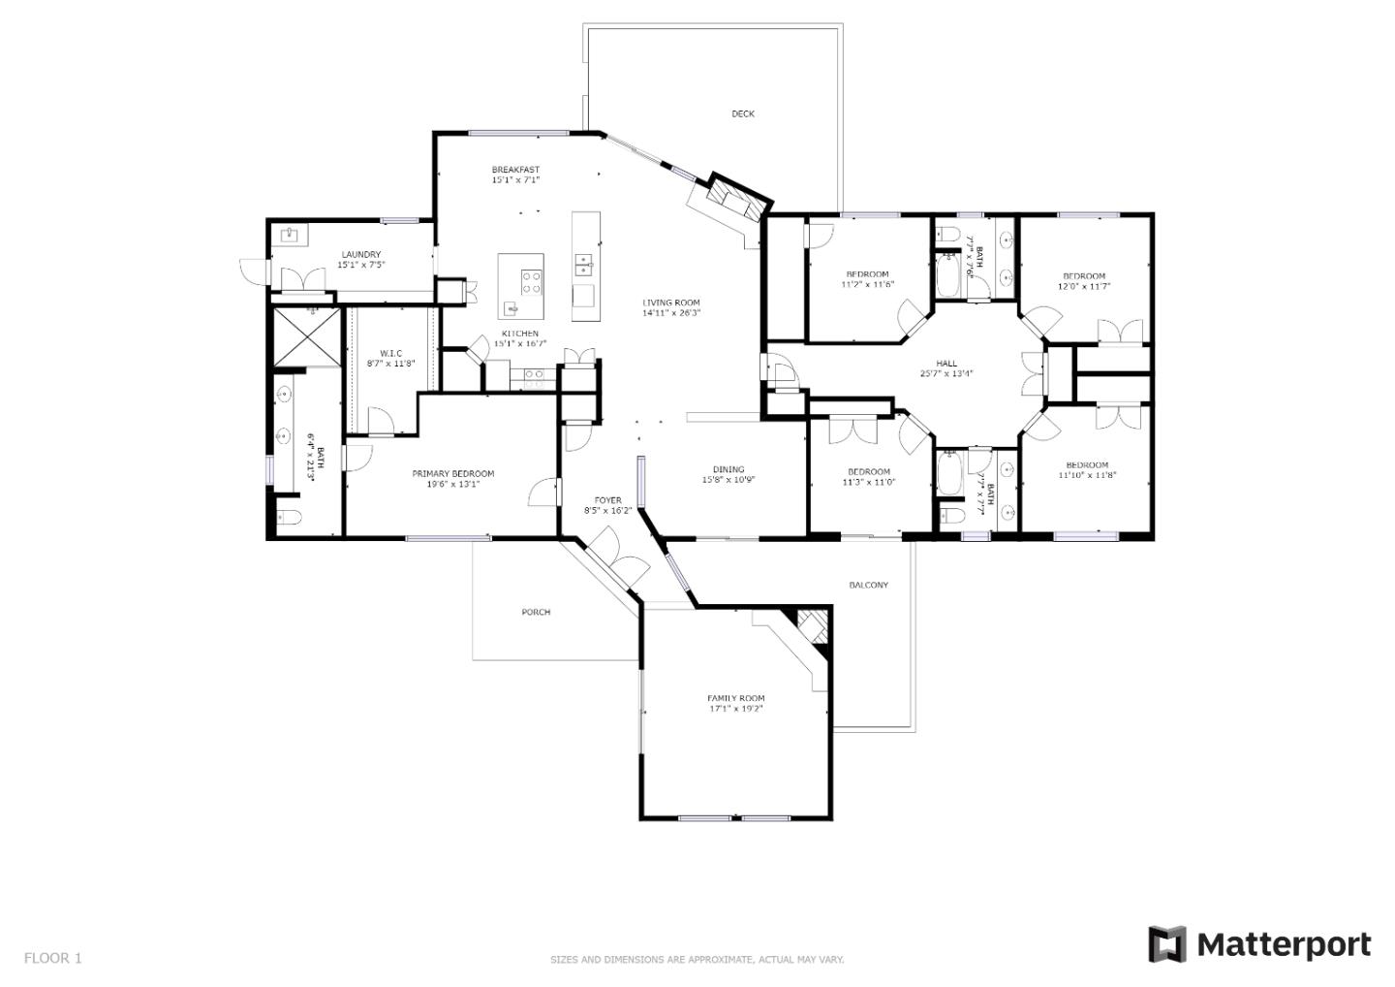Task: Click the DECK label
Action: [742, 114]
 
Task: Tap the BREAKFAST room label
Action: [514, 171]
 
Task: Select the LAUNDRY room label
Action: [360, 255]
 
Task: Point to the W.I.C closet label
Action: [390, 353]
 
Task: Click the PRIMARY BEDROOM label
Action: [452, 474]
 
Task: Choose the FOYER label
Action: [607, 500]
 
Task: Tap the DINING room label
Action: [728, 469]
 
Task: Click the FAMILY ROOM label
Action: [735, 698]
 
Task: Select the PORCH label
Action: [536, 612]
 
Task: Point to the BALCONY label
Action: [868, 585]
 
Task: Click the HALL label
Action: [946, 364]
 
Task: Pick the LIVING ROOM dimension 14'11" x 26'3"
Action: [670, 313]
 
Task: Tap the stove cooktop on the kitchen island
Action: [531, 282]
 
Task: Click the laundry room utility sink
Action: [289, 234]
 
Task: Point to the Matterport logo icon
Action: [1166, 944]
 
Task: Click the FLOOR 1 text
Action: [52, 958]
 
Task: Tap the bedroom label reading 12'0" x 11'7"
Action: [1083, 286]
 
